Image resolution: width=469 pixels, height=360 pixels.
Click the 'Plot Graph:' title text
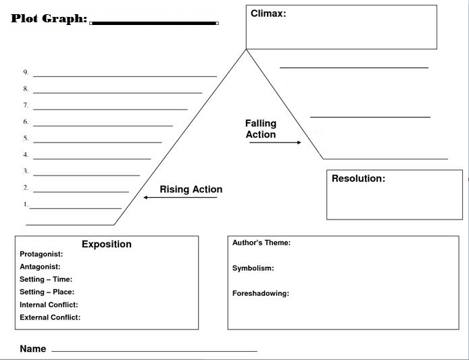point(49,18)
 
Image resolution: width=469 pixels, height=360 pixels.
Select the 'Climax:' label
point(268,14)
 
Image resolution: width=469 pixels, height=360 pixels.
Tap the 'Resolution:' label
point(358,178)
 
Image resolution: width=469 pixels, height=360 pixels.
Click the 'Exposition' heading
point(107,244)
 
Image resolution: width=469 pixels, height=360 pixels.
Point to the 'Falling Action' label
point(261,129)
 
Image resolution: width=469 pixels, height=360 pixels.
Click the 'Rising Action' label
point(191,189)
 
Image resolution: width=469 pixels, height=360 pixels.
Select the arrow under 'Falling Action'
point(275,143)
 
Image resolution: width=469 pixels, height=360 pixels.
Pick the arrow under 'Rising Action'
point(180,197)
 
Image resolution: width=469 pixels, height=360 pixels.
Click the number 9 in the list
point(26,72)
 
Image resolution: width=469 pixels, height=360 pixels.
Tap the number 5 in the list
point(26,138)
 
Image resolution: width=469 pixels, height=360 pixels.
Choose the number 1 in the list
point(26,205)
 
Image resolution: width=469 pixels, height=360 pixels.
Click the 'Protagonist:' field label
point(41,254)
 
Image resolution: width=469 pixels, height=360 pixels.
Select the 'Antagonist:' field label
point(40,267)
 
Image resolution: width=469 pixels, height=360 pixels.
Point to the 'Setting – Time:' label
point(46,279)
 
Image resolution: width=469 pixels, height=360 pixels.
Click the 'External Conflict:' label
point(50,317)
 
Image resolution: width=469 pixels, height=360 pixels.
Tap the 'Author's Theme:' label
point(262,242)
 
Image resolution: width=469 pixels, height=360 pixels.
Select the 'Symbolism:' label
point(253,268)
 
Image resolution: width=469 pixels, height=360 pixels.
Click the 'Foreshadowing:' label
point(261,293)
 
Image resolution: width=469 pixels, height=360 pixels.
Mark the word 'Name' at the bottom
point(33,349)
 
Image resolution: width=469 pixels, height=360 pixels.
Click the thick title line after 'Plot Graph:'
point(154,23)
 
